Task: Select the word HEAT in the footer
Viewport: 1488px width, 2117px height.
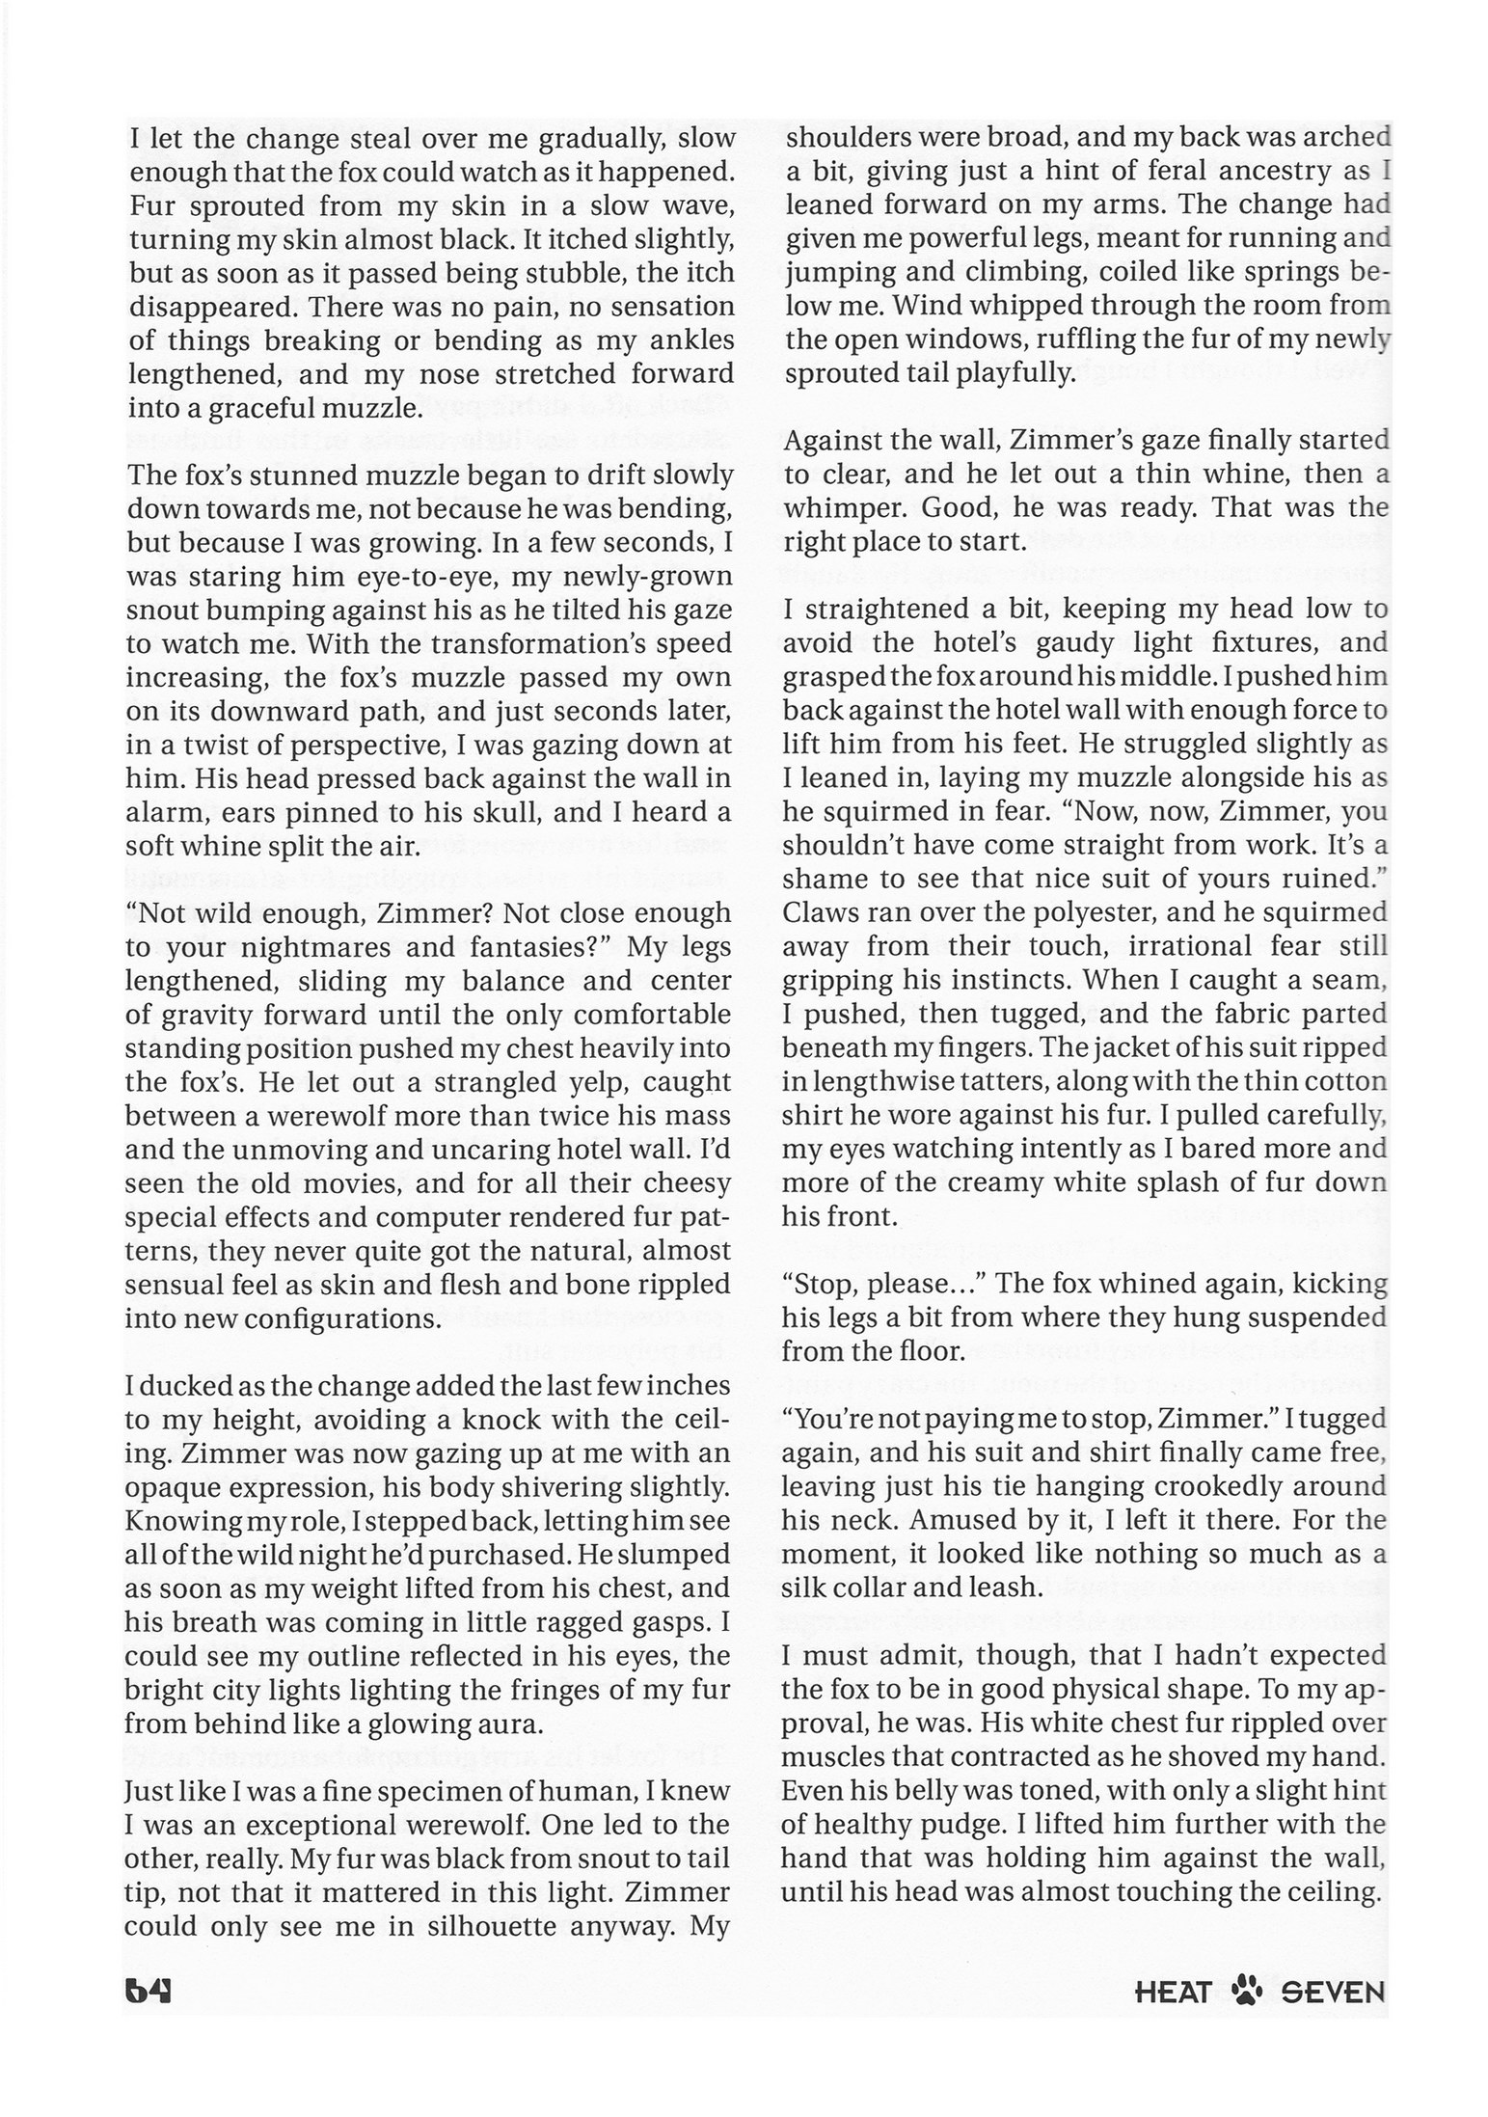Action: (x=1173, y=1991)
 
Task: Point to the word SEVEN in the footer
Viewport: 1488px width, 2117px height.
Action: (x=1333, y=1991)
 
